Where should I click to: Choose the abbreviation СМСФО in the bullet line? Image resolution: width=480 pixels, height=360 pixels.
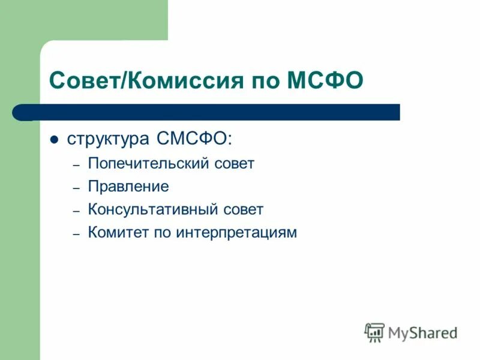[193, 139]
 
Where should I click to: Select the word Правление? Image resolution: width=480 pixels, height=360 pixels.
[128, 187]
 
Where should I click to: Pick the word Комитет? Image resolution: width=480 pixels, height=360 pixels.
[116, 232]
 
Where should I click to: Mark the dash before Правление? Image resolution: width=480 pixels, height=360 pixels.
[76, 188]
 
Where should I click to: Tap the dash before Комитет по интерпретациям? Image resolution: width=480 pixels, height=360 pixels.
[76, 233]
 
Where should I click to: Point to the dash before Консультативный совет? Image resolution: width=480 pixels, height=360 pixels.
[76, 211]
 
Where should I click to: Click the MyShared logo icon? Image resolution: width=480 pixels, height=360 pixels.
[374, 332]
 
